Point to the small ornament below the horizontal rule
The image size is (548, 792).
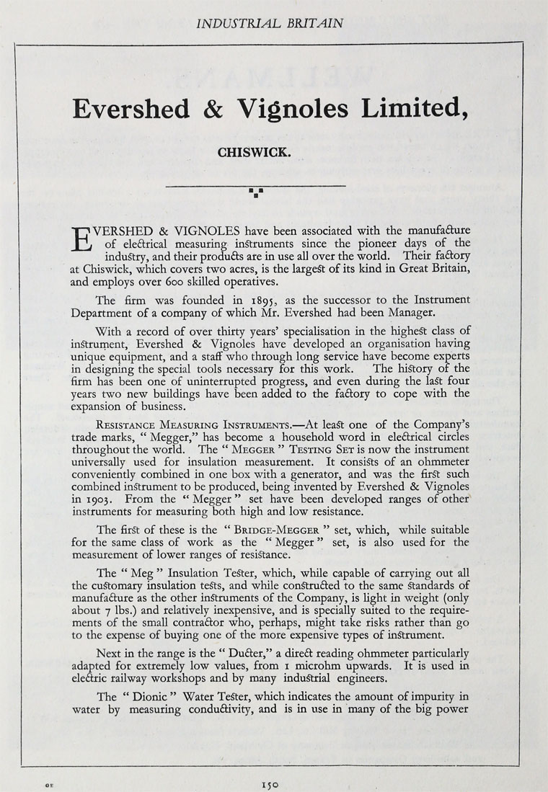[255, 192]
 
